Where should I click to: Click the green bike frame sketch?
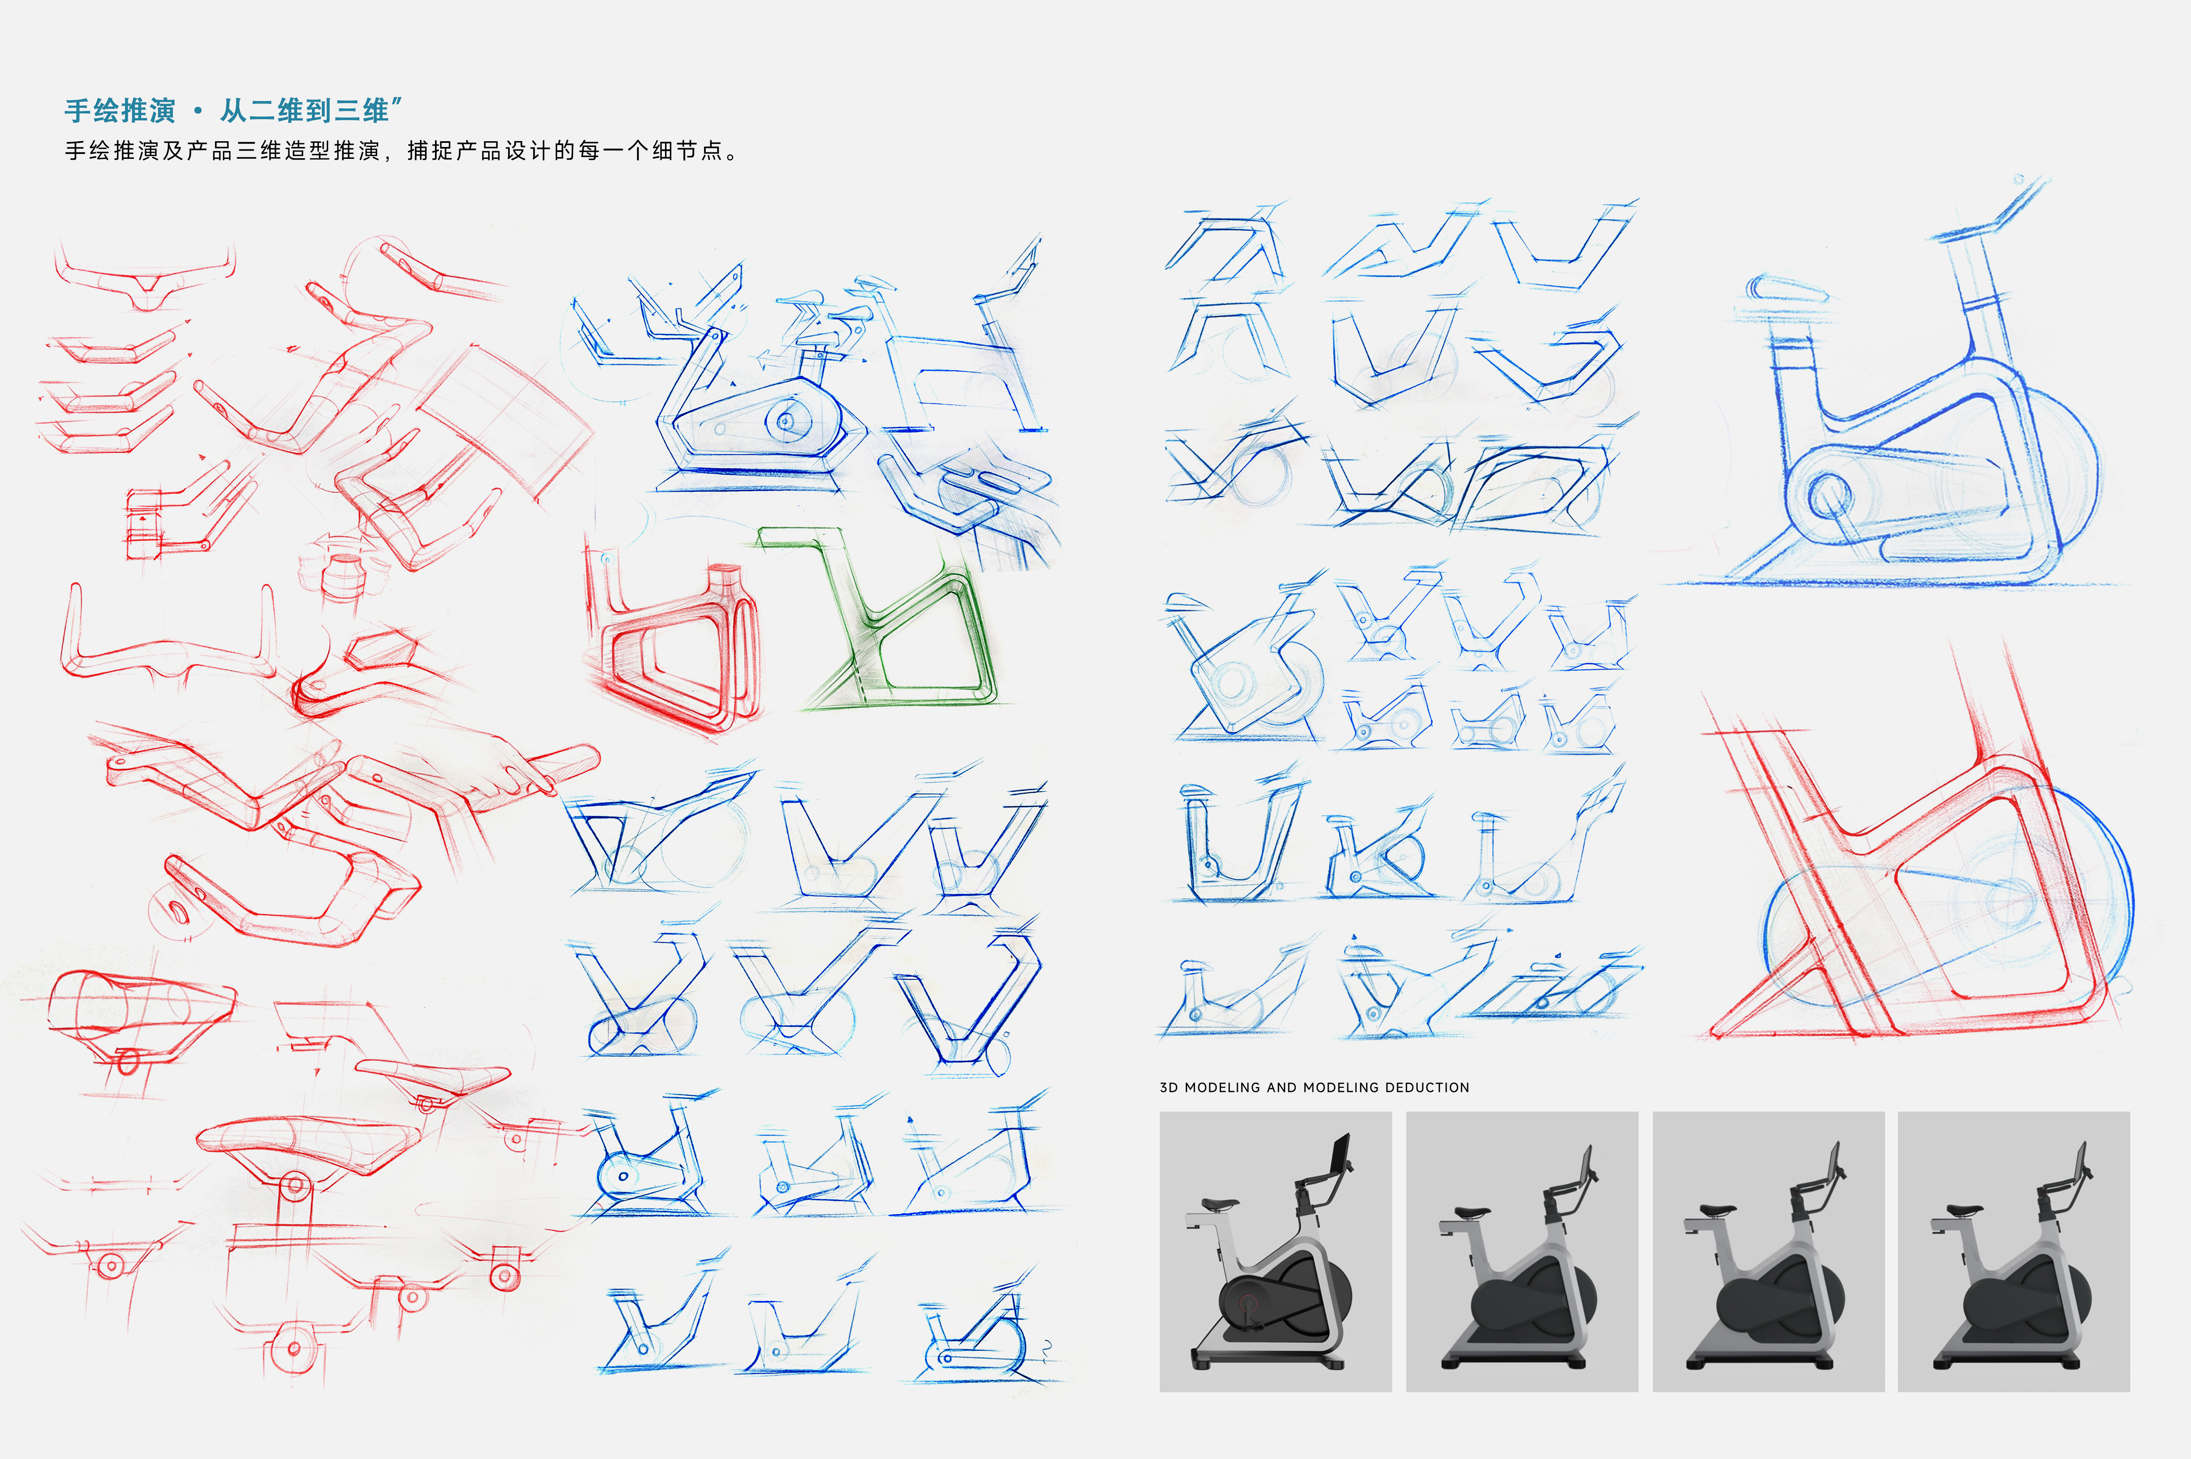[x=893, y=624]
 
